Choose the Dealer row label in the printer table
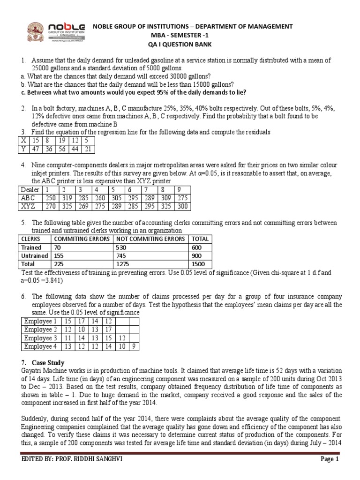30,189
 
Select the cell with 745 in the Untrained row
120,256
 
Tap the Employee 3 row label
40,338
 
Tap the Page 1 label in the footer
330,472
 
